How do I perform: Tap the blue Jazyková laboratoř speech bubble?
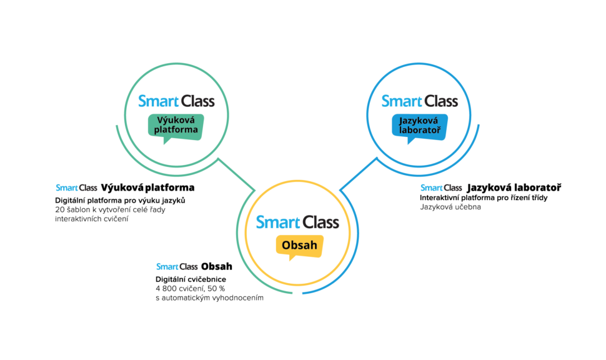click(420, 126)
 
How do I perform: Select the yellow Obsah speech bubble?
click(300, 245)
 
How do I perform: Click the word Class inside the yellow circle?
click(321, 222)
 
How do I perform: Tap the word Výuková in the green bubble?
click(176, 121)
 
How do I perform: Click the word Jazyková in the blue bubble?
click(420, 121)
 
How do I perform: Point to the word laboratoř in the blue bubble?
click(420, 130)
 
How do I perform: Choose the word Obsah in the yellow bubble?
click(300, 245)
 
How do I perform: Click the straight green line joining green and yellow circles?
click(237, 173)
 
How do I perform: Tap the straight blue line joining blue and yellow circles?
click(358, 173)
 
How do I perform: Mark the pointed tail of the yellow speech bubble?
click(291, 258)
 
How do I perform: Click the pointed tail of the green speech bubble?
click(166, 142)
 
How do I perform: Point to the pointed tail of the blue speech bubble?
click(410, 142)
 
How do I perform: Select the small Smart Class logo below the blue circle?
click(441, 187)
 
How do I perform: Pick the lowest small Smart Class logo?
click(177, 267)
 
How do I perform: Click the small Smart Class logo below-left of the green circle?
click(76, 187)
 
